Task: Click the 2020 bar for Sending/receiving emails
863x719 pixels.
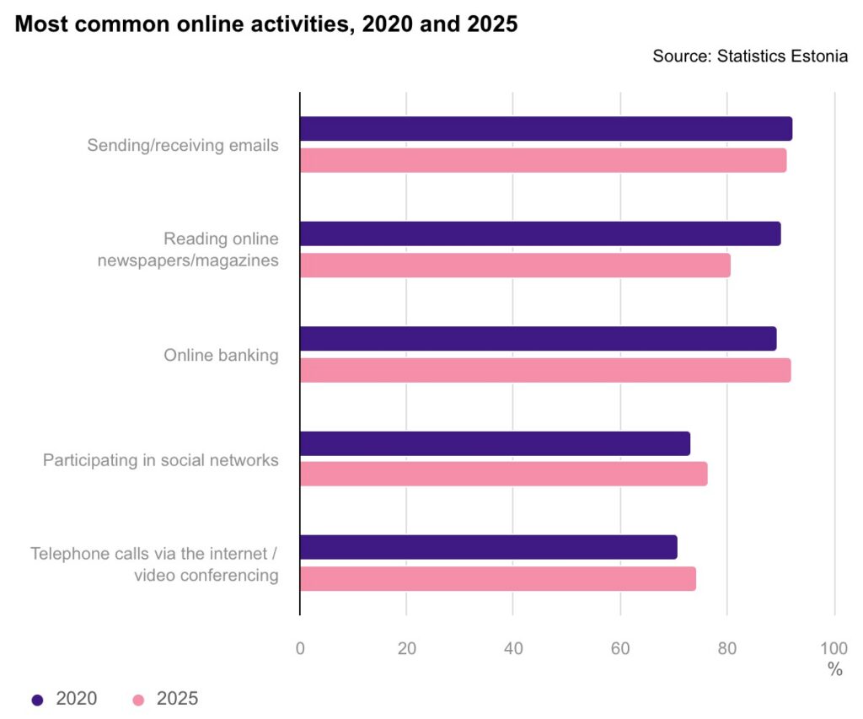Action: [546, 129]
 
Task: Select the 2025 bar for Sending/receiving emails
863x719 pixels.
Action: [544, 160]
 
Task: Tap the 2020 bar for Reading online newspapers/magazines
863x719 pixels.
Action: [540, 233]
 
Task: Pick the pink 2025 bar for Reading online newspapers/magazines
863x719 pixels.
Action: [515, 265]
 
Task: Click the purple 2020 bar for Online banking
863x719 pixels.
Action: [538, 339]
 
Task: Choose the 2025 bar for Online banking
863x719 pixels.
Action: [545, 370]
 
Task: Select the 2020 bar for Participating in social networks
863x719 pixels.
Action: [495, 443]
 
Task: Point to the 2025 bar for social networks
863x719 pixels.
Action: [503, 475]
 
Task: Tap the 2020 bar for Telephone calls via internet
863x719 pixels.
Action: [488, 548]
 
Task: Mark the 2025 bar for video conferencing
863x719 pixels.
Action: [498, 579]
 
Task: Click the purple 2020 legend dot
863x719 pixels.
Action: [37, 700]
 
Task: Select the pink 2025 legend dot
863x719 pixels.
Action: [139, 700]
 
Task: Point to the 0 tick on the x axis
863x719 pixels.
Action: [300, 648]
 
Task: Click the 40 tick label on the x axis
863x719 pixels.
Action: [513, 648]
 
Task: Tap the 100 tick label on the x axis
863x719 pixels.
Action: [834, 648]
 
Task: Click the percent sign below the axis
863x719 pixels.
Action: [834, 670]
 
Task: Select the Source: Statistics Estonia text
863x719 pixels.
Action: [749, 56]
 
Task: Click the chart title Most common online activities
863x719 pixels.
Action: [266, 24]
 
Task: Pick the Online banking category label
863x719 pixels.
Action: [221, 355]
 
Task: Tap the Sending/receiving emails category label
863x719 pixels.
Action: [183, 145]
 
